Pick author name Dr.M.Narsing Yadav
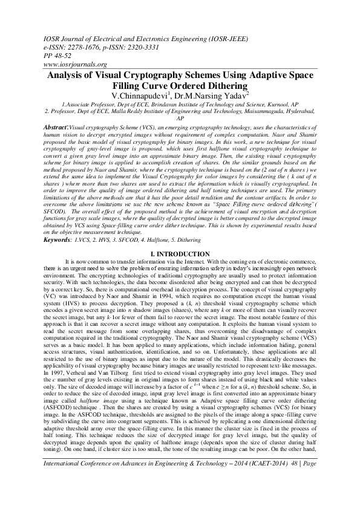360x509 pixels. point(216,96)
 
